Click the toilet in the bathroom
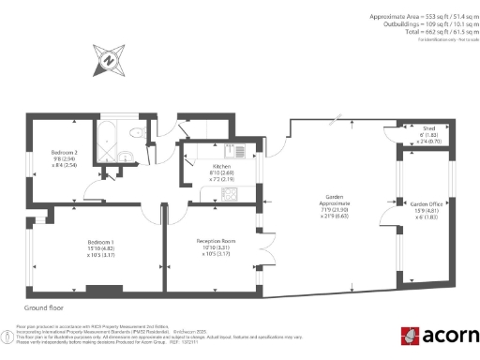tap(137, 133)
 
